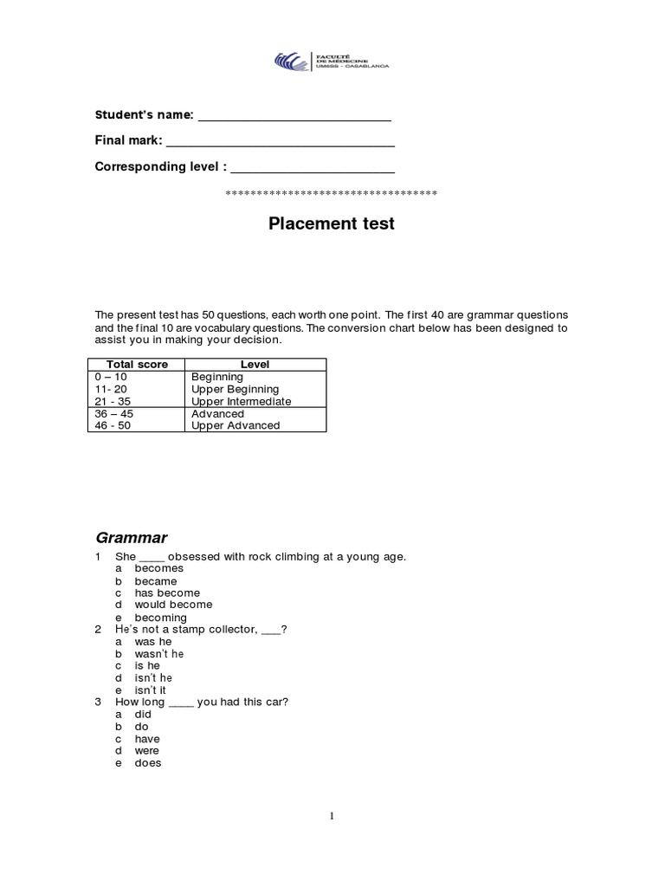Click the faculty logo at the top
coord(332,62)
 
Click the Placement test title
coord(332,223)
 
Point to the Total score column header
coord(137,365)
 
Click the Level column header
coord(255,365)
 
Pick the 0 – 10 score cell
coord(110,378)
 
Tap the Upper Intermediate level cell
coord(241,401)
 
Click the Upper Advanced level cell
coord(236,425)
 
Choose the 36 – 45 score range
coord(113,413)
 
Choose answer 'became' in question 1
coord(156,581)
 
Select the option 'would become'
coord(173,605)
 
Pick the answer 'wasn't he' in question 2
coord(159,653)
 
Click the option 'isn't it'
coord(152,690)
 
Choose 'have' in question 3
coord(147,739)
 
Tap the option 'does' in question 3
coord(148,763)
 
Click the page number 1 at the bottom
coord(332,816)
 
